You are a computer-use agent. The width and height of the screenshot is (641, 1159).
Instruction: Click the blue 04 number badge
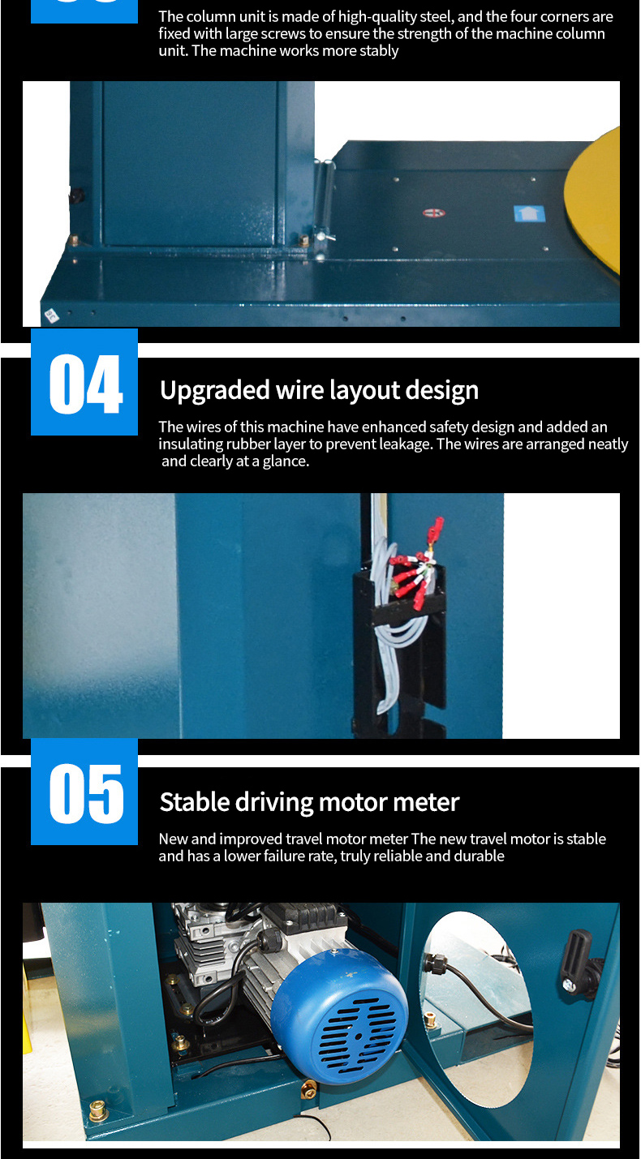[84, 382]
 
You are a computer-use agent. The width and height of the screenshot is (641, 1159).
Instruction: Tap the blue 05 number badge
[84, 792]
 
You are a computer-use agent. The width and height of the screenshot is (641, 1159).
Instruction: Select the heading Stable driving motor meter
[309, 802]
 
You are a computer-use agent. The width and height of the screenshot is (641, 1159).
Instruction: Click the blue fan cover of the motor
[339, 1017]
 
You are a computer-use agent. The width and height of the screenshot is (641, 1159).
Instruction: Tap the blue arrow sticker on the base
[529, 213]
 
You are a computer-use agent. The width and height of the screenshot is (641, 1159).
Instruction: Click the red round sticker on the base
[433, 212]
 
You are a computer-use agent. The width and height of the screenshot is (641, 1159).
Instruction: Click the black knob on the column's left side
[77, 196]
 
